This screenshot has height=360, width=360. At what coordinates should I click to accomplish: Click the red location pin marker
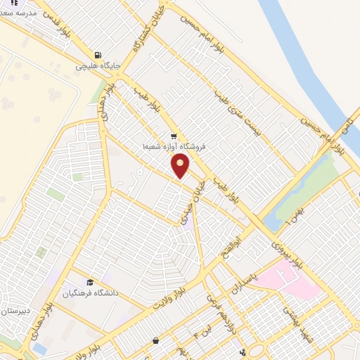tap(181, 165)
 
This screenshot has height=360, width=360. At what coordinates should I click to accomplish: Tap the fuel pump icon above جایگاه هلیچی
tap(98, 55)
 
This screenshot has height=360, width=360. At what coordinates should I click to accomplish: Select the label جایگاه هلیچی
tap(98, 66)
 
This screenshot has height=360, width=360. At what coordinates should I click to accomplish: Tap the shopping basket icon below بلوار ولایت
tap(155, 341)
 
